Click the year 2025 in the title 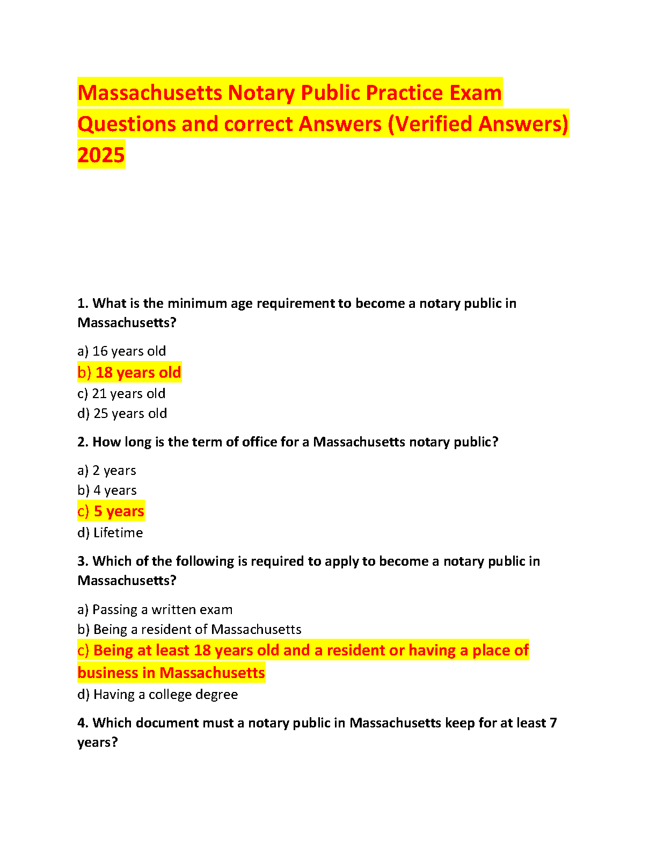click(x=101, y=155)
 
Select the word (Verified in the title click(x=430, y=124)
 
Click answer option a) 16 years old click(x=122, y=351)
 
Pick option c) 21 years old click(x=121, y=394)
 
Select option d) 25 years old click(x=122, y=414)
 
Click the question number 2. click(x=82, y=442)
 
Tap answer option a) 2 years click(x=107, y=471)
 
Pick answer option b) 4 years click(x=107, y=491)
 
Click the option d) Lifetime click(x=110, y=533)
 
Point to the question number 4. click(x=82, y=723)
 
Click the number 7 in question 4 click(x=553, y=723)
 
